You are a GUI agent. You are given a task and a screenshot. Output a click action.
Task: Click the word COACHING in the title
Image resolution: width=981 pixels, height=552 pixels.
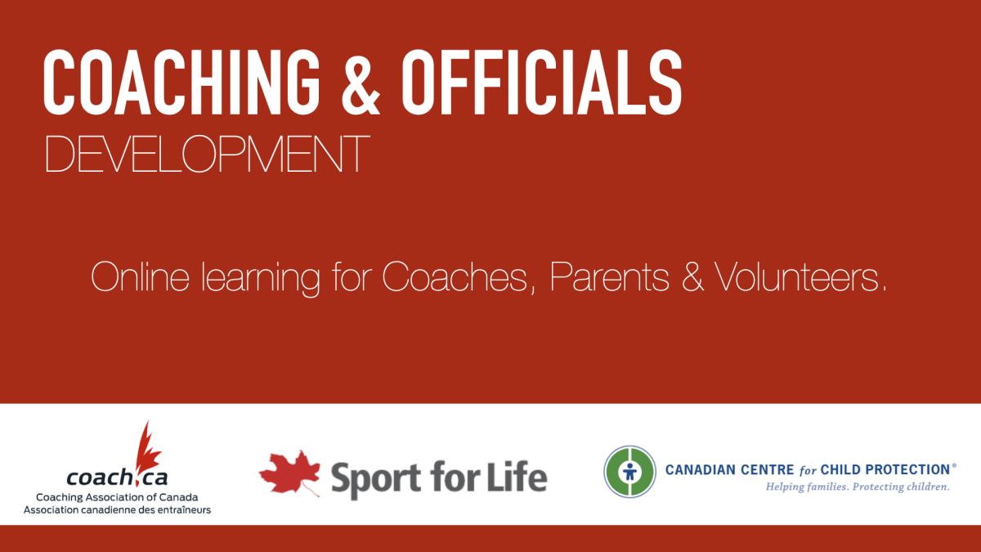181,82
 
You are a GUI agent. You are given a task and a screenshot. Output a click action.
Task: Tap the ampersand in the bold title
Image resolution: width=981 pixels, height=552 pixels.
361,82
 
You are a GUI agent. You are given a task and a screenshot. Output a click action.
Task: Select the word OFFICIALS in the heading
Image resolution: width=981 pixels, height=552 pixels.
542,82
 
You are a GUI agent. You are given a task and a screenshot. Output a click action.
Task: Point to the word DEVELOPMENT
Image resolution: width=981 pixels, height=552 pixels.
207,154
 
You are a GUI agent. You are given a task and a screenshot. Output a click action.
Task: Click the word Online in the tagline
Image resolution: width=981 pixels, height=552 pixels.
140,276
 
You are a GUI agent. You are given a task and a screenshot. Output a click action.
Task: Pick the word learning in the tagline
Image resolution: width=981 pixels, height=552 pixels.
261,279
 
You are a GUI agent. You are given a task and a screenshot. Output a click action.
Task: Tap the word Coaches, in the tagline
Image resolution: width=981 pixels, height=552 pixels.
459,277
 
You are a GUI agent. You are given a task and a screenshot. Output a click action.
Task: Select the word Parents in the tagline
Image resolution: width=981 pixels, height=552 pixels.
609,276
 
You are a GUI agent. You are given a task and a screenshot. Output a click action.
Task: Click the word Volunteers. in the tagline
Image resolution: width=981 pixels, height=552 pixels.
800,276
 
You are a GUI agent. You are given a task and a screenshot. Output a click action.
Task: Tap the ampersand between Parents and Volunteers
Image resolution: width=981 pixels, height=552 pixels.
692,276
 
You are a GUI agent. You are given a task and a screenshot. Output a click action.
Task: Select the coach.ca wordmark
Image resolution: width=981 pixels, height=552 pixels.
117,477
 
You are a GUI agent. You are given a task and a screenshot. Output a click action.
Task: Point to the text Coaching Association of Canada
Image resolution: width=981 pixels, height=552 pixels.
117,497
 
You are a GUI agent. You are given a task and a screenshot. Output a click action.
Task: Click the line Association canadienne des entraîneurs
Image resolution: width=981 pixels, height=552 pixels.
117,510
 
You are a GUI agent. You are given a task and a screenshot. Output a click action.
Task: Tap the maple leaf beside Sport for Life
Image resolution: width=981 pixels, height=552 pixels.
289,473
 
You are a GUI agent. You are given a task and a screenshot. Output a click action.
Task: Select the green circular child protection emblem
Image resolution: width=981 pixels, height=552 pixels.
629,472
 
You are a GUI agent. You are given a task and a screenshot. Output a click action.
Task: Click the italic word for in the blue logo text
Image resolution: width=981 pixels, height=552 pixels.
808,470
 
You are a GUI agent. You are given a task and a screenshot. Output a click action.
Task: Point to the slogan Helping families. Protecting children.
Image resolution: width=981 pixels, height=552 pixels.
858,487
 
